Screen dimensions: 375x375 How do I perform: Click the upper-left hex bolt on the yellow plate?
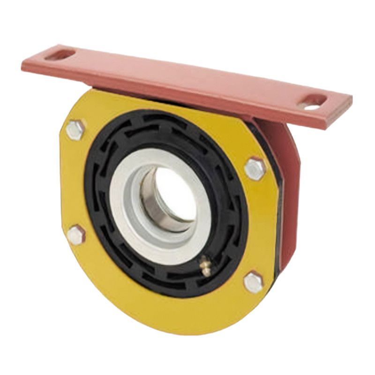point(75,129)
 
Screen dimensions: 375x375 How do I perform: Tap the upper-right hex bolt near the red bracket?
point(255,169)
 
